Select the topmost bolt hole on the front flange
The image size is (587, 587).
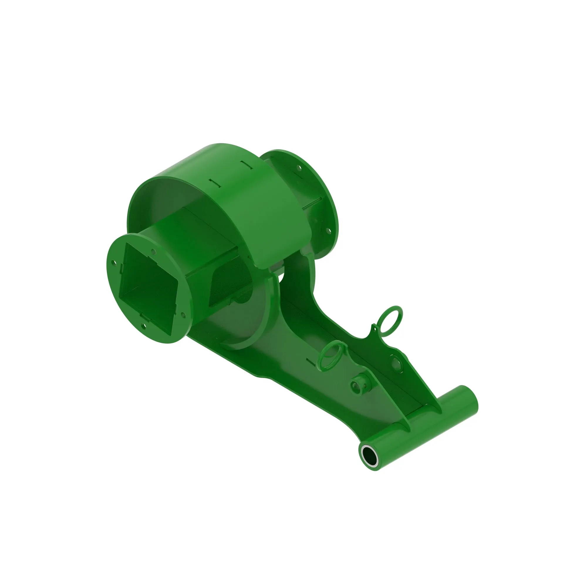(x=154, y=252)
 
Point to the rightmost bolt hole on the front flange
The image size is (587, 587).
(x=183, y=315)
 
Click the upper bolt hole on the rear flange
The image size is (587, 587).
(x=299, y=167)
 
